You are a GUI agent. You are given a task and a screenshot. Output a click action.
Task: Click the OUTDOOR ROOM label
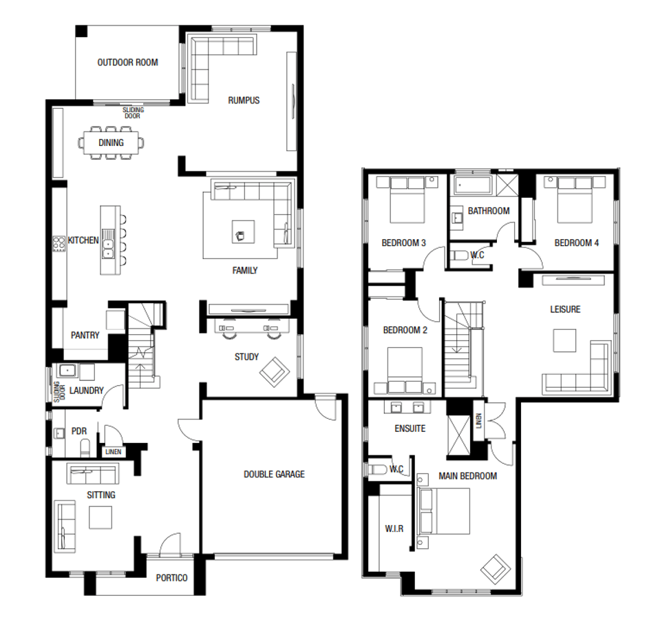coord(127,63)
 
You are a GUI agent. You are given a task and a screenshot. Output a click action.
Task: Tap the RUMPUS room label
coord(244,101)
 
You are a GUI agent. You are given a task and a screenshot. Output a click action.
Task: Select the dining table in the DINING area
coord(112,143)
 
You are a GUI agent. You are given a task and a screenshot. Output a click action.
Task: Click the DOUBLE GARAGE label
coord(274,474)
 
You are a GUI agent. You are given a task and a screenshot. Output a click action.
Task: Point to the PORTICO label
coord(171,578)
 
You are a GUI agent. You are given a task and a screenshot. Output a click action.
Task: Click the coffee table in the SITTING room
coord(101,517)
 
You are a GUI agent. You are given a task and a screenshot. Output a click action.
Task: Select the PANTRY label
coord(85,335)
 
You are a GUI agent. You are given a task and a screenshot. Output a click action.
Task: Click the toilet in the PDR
coord(85,448)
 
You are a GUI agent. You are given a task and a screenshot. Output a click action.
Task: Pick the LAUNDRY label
coord(86,391)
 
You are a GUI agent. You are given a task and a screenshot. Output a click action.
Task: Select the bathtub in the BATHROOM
coord(472,185)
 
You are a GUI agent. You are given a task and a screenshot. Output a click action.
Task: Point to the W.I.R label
coord(394,529)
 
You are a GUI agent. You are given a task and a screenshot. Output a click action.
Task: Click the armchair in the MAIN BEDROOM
coord(496,568)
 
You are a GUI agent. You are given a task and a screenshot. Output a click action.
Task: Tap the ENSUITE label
coord(410,428)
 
